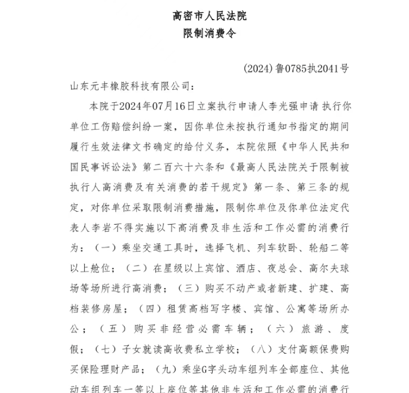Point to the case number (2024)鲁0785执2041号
pyautogui.click(x=296, y=69)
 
